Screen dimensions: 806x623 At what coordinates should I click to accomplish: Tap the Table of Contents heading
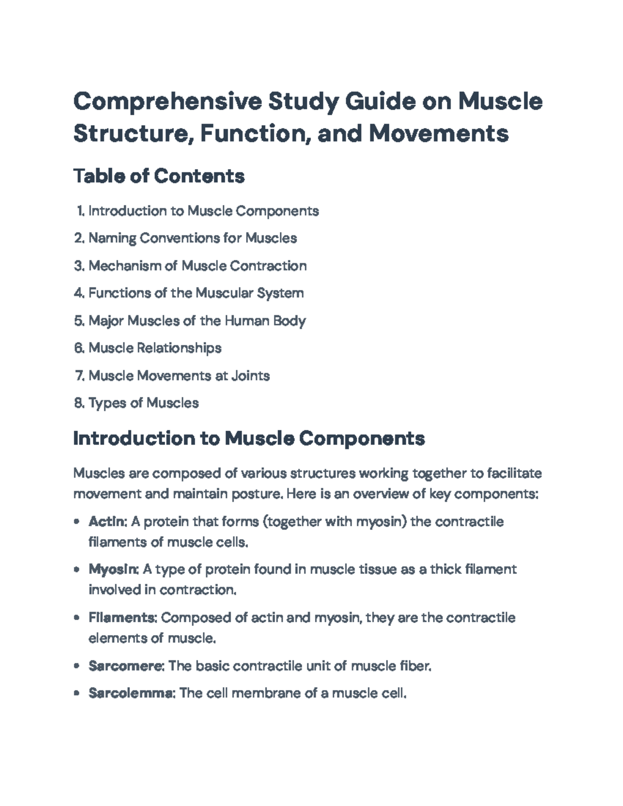159,176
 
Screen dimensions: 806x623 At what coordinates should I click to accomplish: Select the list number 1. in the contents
80,211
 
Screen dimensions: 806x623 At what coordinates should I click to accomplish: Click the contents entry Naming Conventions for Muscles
193,238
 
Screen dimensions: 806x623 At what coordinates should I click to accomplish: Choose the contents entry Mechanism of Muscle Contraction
197,266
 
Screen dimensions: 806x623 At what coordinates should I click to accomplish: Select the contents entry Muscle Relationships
155,348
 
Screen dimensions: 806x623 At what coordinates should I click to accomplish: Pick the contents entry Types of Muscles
143,403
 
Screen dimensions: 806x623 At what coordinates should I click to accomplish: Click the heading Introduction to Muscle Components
249,439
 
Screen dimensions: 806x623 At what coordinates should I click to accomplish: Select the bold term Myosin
113,569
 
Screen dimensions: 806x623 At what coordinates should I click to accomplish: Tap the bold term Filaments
122,618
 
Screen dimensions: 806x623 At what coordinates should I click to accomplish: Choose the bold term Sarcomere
126,666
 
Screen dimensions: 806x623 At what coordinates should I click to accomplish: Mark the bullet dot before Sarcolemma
77,693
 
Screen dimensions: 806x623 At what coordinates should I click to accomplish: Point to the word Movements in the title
439,133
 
